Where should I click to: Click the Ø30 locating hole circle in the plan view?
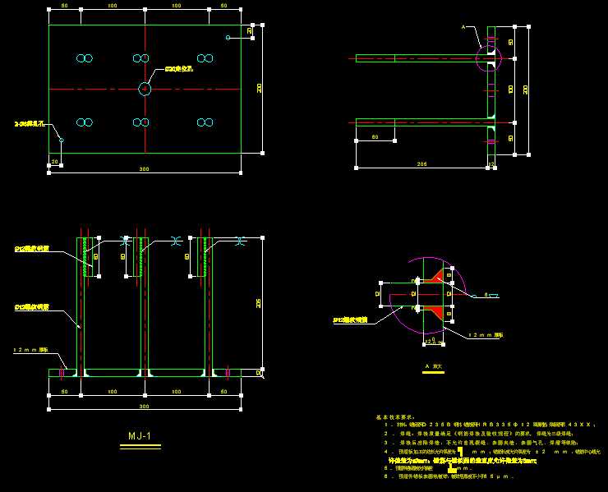point(145,89)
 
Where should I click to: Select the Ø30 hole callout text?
point(179,69)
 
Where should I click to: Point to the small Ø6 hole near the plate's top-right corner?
point(228,37)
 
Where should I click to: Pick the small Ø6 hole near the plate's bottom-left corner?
point(61,140)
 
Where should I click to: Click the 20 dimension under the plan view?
point(55,161)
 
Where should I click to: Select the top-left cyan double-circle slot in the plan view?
point(84,58)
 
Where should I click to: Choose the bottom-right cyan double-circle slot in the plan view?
point(205,122)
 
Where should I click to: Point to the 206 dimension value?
point(422,164)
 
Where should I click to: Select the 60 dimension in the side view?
point(375,136)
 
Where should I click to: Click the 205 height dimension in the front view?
point(259,303)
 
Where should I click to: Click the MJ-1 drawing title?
point(140,436)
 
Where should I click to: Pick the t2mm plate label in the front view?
point(31,350)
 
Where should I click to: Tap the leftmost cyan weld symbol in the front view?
point(125,241)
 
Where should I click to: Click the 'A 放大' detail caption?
point(433,366)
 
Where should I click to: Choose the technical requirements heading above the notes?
point(394,417)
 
